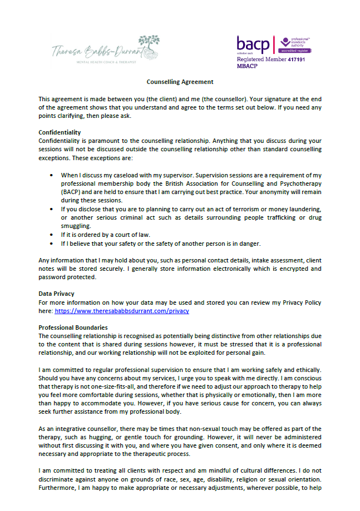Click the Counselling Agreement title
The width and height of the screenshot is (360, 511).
coord(180,81)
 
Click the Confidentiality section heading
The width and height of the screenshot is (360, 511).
coord(60,132)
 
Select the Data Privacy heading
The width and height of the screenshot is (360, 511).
coord(56,293)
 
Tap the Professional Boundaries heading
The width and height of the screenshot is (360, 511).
coord(73,328)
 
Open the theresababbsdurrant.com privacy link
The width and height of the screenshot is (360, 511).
coord(121,311)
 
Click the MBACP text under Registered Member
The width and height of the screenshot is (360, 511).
coord(248,66)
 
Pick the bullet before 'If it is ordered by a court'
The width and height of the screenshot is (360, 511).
coord(51,235)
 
